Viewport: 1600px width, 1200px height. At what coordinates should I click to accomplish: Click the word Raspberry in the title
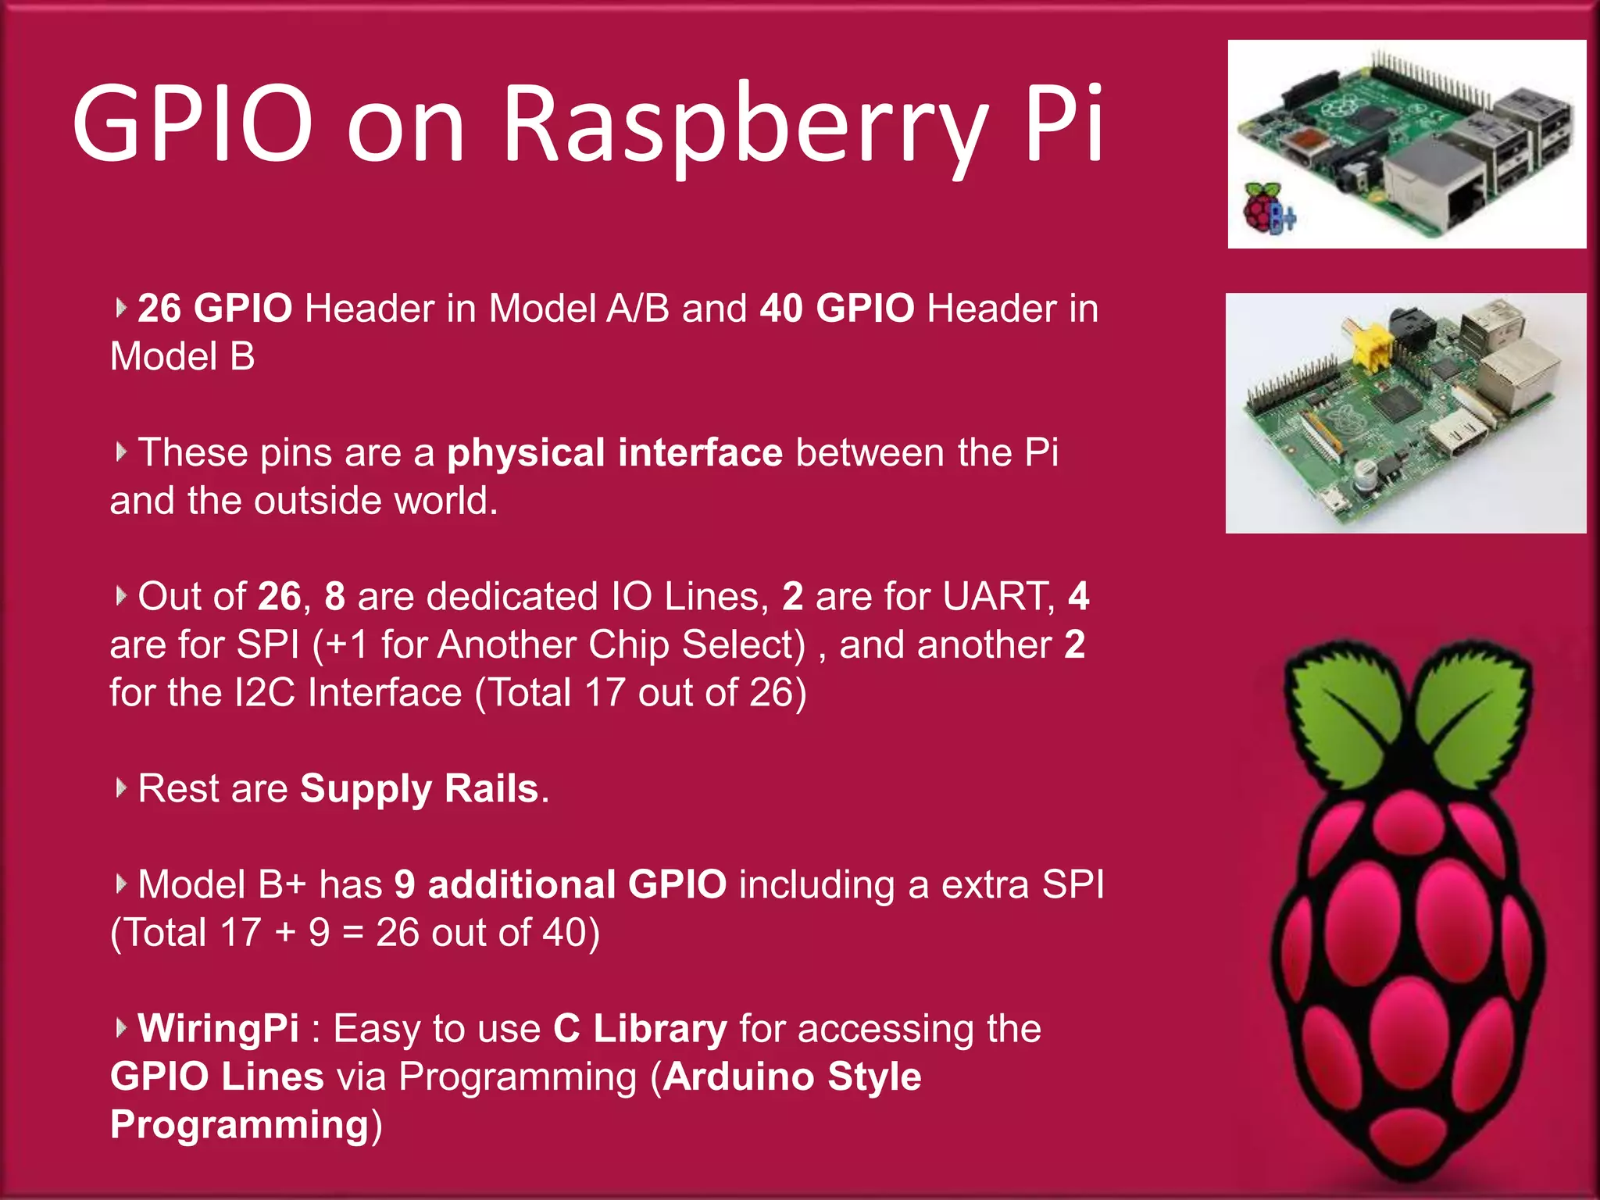pos(742,125)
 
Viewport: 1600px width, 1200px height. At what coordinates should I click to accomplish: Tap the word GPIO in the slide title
pos(192,125)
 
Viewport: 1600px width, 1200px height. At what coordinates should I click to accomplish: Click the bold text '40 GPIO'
pos(837,308)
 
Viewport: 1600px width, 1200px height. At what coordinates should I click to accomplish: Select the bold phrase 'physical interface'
pos(615,452)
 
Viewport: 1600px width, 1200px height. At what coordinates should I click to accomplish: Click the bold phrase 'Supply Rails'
pos(420,788)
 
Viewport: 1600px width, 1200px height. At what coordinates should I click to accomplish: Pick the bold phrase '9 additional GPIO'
pos(560,884)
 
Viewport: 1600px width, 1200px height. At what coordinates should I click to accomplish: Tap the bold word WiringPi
pos(218,1028)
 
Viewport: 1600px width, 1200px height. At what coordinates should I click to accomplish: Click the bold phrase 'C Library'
pos(640,1028)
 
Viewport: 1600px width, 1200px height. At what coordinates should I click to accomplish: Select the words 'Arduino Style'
pos(792,1077)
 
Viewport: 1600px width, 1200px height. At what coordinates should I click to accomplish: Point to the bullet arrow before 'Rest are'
pos(120,787)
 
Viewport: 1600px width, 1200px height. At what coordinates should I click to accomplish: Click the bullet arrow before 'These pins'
pos(120,451)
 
